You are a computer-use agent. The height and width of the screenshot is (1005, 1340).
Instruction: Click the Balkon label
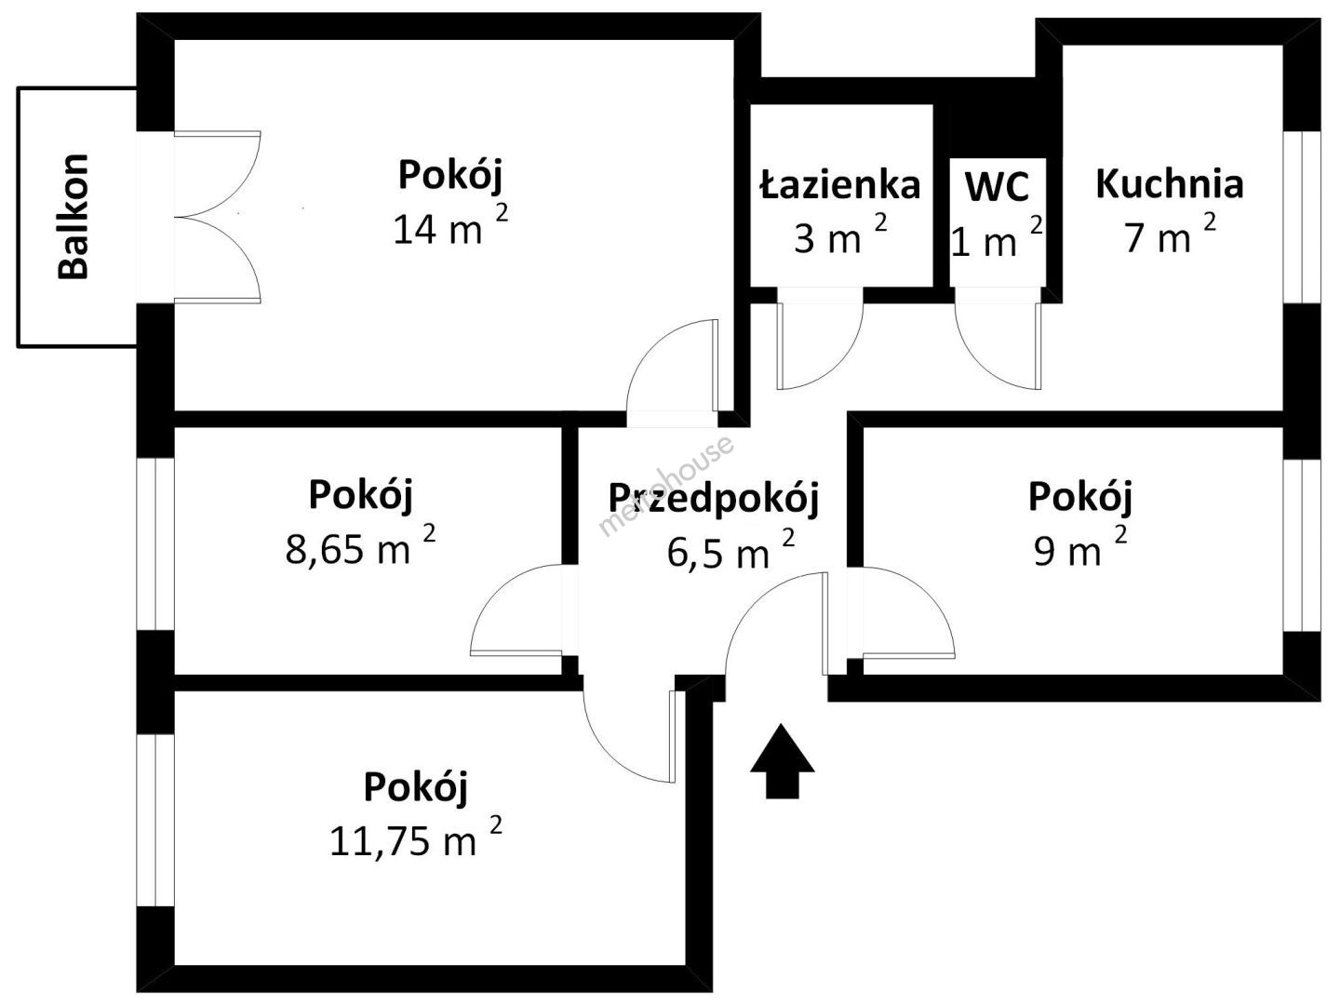click(74, 217)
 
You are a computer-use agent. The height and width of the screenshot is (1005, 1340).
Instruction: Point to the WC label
click(997, 186)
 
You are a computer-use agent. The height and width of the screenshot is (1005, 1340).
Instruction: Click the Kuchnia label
click(1170, 183)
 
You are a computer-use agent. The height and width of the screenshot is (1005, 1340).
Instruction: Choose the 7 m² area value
click(1171, 233)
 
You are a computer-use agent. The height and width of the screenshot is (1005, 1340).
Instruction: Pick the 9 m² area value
click(1080, 546)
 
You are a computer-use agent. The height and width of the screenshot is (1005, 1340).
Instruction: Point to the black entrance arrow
click(782, 761)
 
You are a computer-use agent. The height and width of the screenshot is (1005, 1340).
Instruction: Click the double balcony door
click(218, 217)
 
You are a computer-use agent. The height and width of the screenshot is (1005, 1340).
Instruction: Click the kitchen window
click(1302, 217)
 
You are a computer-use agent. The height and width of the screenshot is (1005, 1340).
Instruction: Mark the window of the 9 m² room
click(1302, 545)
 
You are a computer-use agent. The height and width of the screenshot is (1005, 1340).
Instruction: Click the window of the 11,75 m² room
click(155, 820)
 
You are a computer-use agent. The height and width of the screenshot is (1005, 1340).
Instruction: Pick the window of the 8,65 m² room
click(155, 543)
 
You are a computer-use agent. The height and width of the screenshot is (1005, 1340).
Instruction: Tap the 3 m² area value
click(840, 234)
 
